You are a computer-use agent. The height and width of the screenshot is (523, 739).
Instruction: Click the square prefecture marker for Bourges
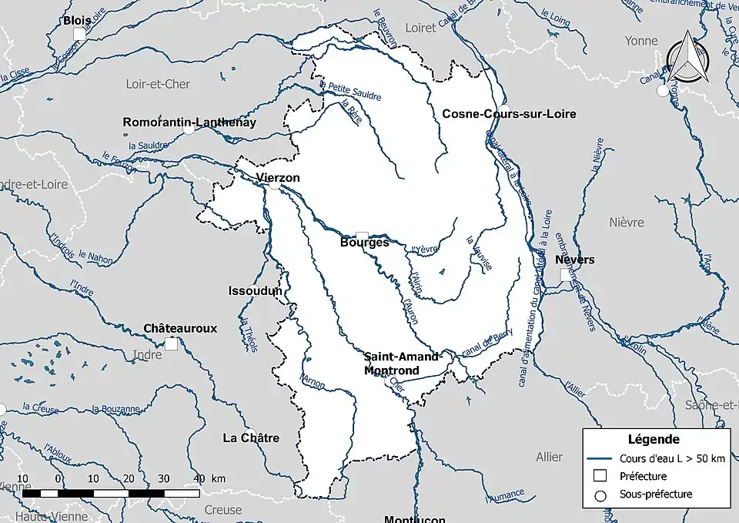[362, 236]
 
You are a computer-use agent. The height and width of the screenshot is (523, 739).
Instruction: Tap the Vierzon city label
[278, 178]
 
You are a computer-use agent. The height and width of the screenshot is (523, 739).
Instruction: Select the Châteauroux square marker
[171, 344]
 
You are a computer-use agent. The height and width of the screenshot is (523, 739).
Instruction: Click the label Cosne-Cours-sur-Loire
[508, 114]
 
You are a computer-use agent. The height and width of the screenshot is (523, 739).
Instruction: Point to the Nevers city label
[574, 260]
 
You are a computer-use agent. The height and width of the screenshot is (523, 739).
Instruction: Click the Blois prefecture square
[79, 34]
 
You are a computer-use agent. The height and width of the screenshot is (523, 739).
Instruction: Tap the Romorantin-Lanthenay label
[189, 122]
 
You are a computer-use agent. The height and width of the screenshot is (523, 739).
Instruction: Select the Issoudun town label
[256, 291]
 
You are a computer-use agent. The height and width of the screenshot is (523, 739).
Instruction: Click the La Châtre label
[250, 438]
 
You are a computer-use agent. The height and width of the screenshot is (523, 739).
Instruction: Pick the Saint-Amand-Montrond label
[401, 363]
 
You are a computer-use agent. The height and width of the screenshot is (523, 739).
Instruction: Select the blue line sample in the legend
[600, 459]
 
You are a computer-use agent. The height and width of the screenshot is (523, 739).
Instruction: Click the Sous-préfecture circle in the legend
[600, 495]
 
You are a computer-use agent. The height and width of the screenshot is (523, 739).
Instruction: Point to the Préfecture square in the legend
[600, 477]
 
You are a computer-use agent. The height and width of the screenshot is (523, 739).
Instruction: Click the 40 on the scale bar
[199, 478]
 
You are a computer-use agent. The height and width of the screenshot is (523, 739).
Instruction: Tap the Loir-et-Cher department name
[157, 83]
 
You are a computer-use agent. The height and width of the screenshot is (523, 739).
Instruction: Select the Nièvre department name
[626, 223]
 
